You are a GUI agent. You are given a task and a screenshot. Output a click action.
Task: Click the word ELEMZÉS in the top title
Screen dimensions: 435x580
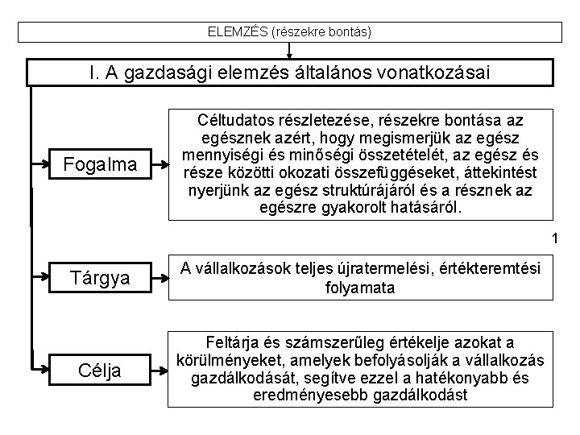pos(238,32)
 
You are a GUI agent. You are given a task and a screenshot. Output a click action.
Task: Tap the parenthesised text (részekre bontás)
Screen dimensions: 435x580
pos(322,32)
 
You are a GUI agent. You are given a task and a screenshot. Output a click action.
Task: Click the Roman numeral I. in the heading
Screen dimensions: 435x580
pos(97,72)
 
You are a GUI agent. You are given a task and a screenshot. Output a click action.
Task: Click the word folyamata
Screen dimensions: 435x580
pos(360,287)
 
